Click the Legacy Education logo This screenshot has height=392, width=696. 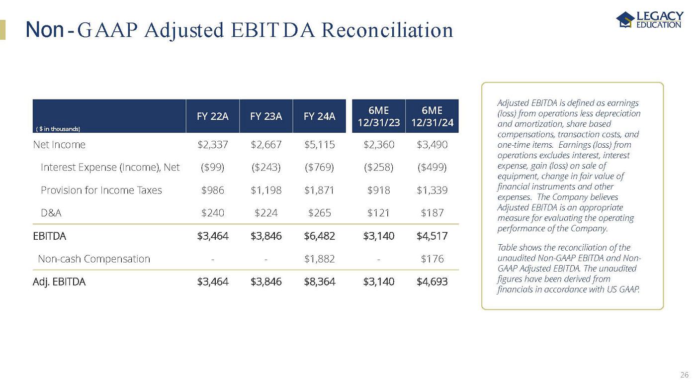[x=649, y=20]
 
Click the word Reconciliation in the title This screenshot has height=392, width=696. [x=387, y=30]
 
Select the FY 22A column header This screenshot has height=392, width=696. [x=212, y=116]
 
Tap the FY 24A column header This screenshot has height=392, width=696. [x=319, y=116]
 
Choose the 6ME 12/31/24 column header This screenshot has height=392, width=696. [x=432, y=116]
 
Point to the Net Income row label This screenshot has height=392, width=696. [x=59, y=145]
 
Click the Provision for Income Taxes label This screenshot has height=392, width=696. [x=101, y=190]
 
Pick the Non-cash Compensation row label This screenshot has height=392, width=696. [x=94, y=259]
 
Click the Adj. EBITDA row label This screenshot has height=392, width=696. [x=59, y=282]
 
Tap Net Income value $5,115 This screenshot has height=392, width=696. [x=319, y=145]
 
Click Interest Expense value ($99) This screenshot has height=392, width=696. [x=212, y=167]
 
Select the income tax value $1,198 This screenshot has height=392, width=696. [x=266, y=190]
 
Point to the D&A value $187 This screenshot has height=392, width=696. [x=432, y=213]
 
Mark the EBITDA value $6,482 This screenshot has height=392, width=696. [x=319, y=236]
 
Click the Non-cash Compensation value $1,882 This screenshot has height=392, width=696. [x=319, y=259]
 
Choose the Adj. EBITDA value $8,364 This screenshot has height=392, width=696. [x=319, y=282]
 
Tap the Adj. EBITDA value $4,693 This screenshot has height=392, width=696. [x=432, y=282]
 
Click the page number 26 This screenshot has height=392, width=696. [x=684, y=375]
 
